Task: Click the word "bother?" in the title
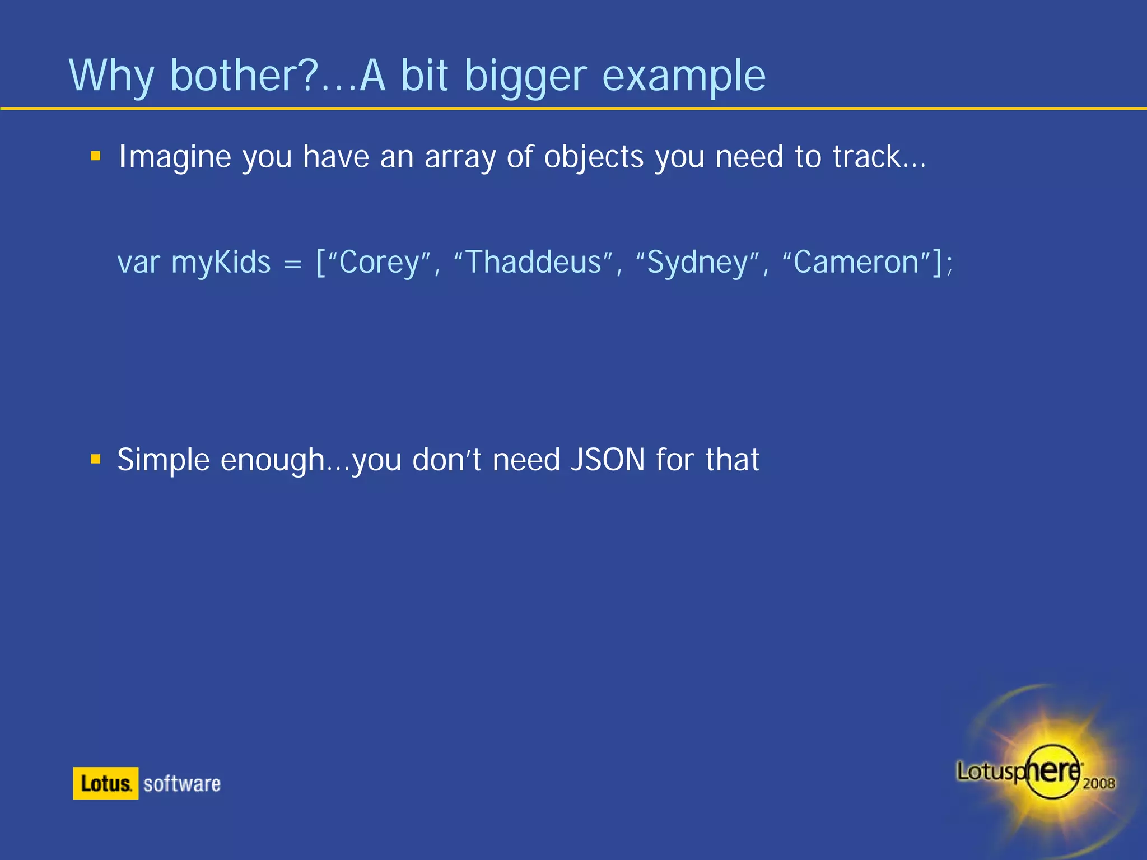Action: click(244, 76)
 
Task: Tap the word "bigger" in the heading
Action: click(526, 77)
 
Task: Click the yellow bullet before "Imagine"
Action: click(96, 156)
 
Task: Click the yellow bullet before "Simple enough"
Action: click(96, 460)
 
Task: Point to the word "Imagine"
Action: click(175, 157)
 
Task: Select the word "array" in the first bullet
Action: click(460, 157)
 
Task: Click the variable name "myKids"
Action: click(221, 263)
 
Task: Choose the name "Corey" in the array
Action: click(379, 263)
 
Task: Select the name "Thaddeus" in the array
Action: click(533, 261)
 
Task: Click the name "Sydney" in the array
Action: click(697, 263)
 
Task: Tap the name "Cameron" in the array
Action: click(856, 261)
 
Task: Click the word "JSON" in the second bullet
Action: click(607, 460)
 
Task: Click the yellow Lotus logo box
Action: click(105, 783)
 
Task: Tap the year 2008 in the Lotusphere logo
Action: click(1098, 783)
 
